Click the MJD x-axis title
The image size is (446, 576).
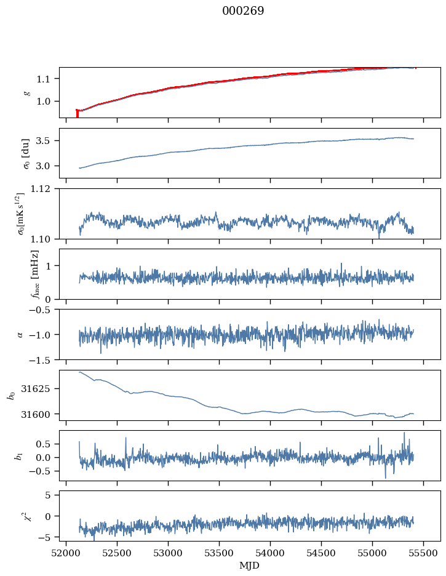249,566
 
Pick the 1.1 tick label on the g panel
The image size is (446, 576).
46,79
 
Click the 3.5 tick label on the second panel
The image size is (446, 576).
46,141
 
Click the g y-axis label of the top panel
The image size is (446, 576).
26,92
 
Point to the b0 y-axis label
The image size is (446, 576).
10,395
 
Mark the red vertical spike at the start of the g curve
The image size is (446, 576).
77,114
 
